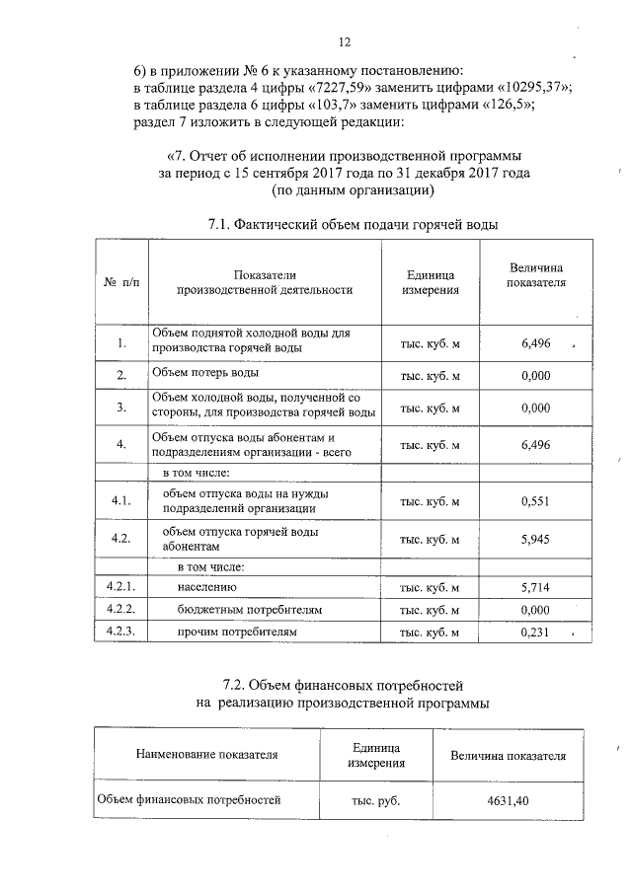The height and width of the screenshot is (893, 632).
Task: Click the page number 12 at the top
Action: (x=344, y=42)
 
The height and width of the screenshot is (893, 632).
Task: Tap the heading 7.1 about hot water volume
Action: (x=353, y=224)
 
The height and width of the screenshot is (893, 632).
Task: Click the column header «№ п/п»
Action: (x=120, y=282)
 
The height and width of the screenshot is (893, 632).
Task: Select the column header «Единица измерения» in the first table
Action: (x=430, y=282)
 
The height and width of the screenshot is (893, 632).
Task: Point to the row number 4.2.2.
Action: (x=119, y=610)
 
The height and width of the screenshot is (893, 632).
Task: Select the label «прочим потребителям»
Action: (x=236, y=632)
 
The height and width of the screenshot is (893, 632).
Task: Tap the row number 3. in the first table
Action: (x=120, y=407)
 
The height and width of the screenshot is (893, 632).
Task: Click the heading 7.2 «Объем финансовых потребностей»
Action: (x=342, y=684)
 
